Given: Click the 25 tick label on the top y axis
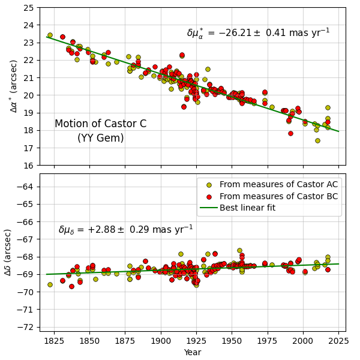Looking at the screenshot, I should [x=28, y=8].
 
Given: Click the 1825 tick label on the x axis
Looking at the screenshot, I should [x=54, y=341].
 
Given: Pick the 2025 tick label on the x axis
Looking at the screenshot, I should [x=338, y=341].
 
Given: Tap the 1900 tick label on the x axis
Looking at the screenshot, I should [x=160, y=341].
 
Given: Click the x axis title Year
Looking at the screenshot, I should [x=193, y=352].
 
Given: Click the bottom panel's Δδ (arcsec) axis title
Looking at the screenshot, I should [x=8, y=252].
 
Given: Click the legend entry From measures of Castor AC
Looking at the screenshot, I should [x=278, y=185].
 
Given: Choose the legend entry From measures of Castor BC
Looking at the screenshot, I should [x=278, y=196].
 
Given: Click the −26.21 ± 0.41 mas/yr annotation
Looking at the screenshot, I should [x=258, y=33].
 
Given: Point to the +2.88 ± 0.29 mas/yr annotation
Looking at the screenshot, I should [x=125, y=230].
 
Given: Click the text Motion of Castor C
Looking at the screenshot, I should [x=100, y=124].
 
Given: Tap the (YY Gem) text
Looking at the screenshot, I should [x=100, y=138].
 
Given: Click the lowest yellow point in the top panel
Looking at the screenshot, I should [x=317, y=140].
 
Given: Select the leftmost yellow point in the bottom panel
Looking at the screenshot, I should [x=50, y=284].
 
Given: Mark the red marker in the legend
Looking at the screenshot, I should [x=208, y=196].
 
